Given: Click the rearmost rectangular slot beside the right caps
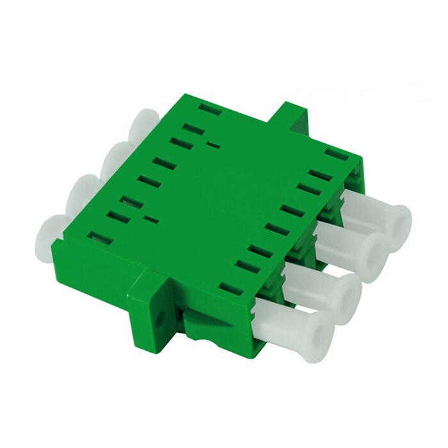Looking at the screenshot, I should pos(332,153).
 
